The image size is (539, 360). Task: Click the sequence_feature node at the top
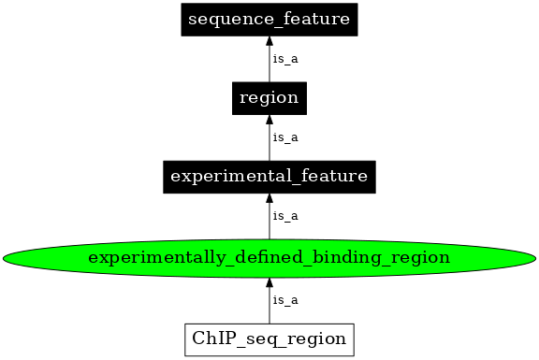click(x=269, y=19)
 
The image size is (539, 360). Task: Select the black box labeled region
click(x=269, y=97)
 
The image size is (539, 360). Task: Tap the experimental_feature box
click(x=269, y=176)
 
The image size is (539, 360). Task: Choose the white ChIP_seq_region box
click(x=269, y=338)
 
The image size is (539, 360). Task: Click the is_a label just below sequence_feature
click(x=284, y=58)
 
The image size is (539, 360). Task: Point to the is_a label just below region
click(x=284, y=137)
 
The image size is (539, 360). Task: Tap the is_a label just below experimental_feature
click(x=284, y=216)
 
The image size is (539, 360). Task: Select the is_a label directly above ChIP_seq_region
click(x=284, y=299)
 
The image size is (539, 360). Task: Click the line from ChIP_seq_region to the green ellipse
click(x=269, y=304)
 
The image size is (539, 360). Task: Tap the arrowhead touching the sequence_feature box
click(x=269, y=41)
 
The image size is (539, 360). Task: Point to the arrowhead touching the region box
click(x=269, y=120)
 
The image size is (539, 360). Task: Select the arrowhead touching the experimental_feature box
click(x=269, y=198)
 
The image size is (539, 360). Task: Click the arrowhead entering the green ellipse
click(x=269, y=281)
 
